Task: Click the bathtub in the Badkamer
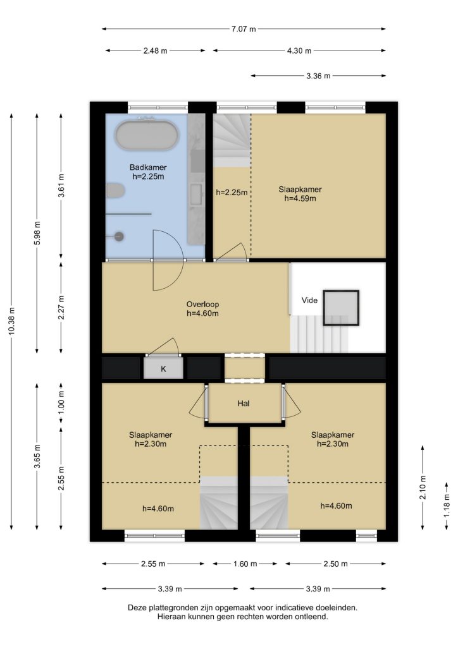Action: pyautogui.click(x=147, y=135)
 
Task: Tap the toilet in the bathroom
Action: pyautogui.click(x=115, y=191)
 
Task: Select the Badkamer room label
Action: pyautogui.click(x=148, y=167)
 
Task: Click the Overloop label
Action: pyautogui.click(x=202, y=304)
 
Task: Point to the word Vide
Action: pyautogui.click(x=309, y=300)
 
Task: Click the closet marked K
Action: pyautogui.click(x=164, y=368)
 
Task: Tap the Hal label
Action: pyautogui.click(x=244, y=403)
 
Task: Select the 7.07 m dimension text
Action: pyautogui.click(x=244, y=29)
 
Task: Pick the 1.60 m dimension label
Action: pyautogui.click(x=245, y=564)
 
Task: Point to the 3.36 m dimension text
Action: pyautogui.click(x=318, y=76)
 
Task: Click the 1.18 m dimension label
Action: pyautogui.click(x=447, y=505)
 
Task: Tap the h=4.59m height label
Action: pyautogui.click(x=300, y=198)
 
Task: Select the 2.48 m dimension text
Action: pyautogui.click(x=155, y=51)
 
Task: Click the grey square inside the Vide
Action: pyautogui.click(x=341, y=308)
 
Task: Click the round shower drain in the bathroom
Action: pyautogui.click(x=119, y=236)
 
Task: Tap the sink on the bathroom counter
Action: pyautogui.click(x=196, y=195)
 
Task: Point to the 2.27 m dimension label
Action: pyautogui.click(x=61, y=308)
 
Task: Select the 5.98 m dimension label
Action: pyautogui.click(x=37, y=233)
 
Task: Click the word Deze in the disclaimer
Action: pyautogui.click(x=137, y=608)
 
